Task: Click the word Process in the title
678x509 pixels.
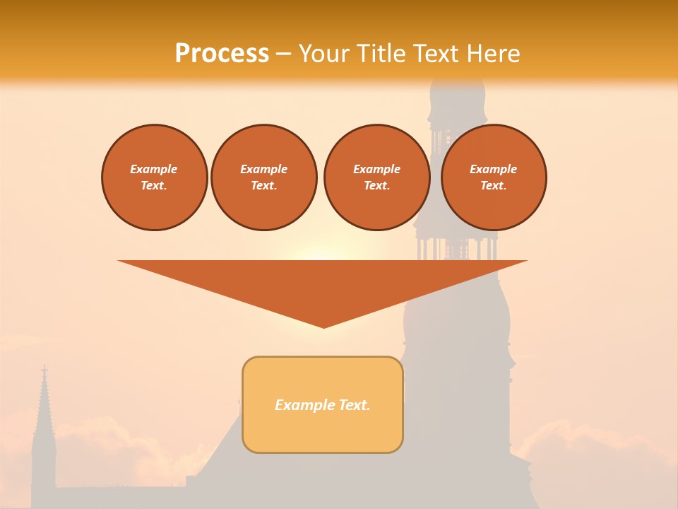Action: tap(222, 54)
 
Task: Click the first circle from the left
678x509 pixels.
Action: tap(154, 177)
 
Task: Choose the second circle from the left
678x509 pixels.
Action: tap(264, 177)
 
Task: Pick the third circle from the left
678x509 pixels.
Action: tap(377, 177)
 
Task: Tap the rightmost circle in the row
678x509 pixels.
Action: tap(494, 177)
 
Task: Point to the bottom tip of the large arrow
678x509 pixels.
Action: tap(323, 326)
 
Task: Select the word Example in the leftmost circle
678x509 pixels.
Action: tap(154, 169)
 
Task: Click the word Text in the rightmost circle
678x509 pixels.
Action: tap(493, 186)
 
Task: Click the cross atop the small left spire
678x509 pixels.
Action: tap(44, 370)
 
